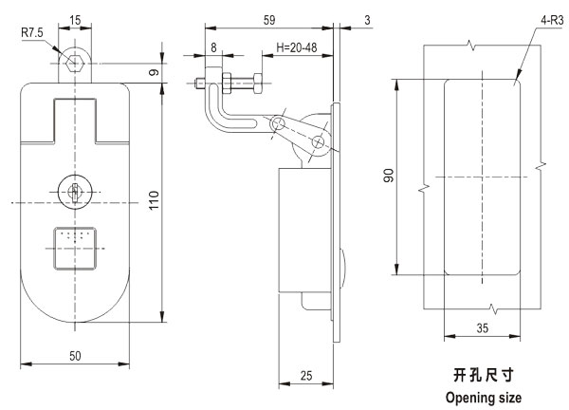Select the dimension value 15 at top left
point(75,19)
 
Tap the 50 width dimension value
point(74,355)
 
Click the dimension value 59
point(268,19)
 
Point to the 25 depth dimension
point(305,375)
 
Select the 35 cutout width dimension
point(482,328)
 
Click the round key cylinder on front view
point(75,189)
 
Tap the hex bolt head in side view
point(199,84)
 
